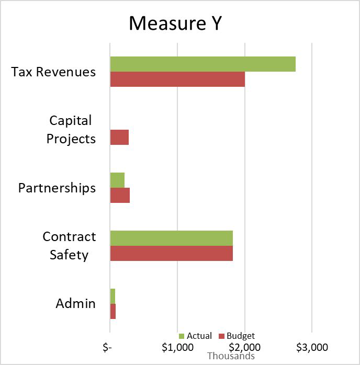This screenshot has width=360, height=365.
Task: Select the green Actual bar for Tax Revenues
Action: tap(203, 64)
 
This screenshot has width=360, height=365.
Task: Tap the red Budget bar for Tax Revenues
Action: tap(177, 79)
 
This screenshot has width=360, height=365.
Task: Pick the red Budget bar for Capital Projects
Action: tap(119, 138)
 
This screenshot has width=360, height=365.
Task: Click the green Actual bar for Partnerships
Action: tap(117, 180)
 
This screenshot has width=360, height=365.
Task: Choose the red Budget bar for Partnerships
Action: tap(120, 195)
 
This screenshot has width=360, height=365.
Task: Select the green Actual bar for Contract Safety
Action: tap(171, 238)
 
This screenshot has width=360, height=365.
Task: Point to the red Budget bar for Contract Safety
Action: tap(171, 253)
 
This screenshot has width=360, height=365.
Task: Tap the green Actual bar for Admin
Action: tap(113, 295)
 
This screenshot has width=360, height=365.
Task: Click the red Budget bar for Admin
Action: tap(113, 311)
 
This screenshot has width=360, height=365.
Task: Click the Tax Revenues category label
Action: tap(53, 72)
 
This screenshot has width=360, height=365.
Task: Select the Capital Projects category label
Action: tap(71, 130)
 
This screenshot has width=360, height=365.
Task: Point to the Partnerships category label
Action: tap(57, 188)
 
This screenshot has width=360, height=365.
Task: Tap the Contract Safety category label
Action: tap(69, 246)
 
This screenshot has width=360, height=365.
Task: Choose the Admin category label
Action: tap(75, 303)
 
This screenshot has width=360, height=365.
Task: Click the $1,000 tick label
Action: tap(177, 347)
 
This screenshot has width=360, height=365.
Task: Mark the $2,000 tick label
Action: tap(245, 347)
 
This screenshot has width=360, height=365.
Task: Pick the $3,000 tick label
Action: tap(312, 347)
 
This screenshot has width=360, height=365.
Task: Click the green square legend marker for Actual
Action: tap(182, 336)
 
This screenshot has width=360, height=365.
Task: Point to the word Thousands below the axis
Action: tap(231, 356)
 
